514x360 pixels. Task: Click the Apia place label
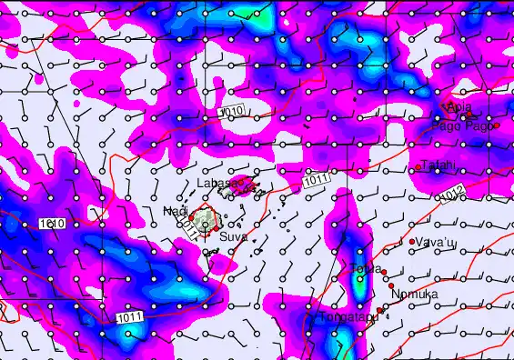coord(461,106)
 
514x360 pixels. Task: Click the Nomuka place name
coord(414,295)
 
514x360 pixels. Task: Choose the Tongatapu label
coord(346,318)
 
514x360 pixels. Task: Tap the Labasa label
coord(215,183)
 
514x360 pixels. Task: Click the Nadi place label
coord(175,212)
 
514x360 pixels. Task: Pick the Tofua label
coord(363,269)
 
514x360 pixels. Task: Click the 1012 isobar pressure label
coord(453,195)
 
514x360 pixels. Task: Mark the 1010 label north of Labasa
coord(234,111)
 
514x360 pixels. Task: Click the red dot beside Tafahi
coord(418,167)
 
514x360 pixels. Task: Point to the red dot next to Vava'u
coord(412,241)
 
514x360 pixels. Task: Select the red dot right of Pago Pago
coord(497,125)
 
